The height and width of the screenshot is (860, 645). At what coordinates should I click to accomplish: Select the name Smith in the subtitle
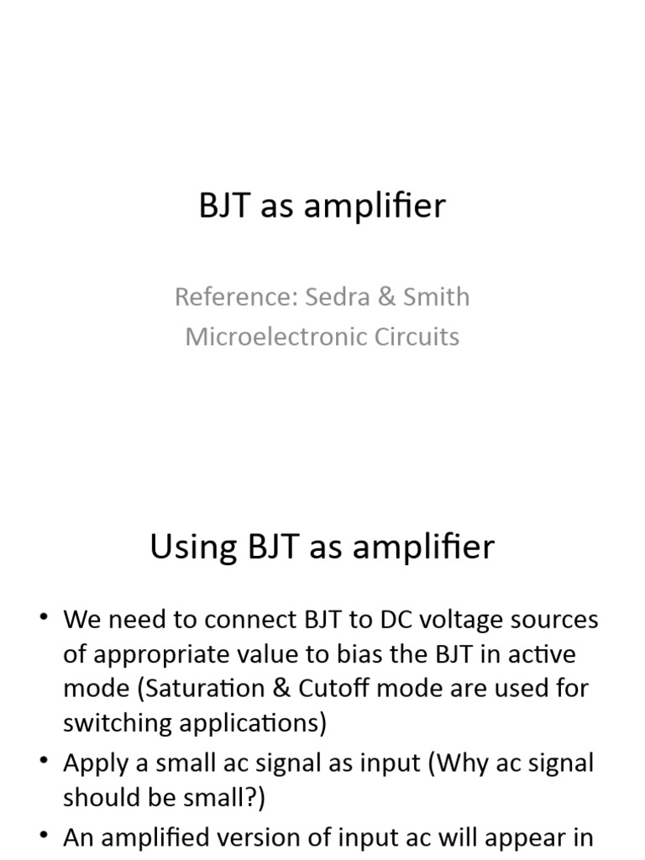(x=435, y=296)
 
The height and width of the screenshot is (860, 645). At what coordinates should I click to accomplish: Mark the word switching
(x=111, y=722)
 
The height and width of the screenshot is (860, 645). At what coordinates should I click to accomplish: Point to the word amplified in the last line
(x=165, y=837)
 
